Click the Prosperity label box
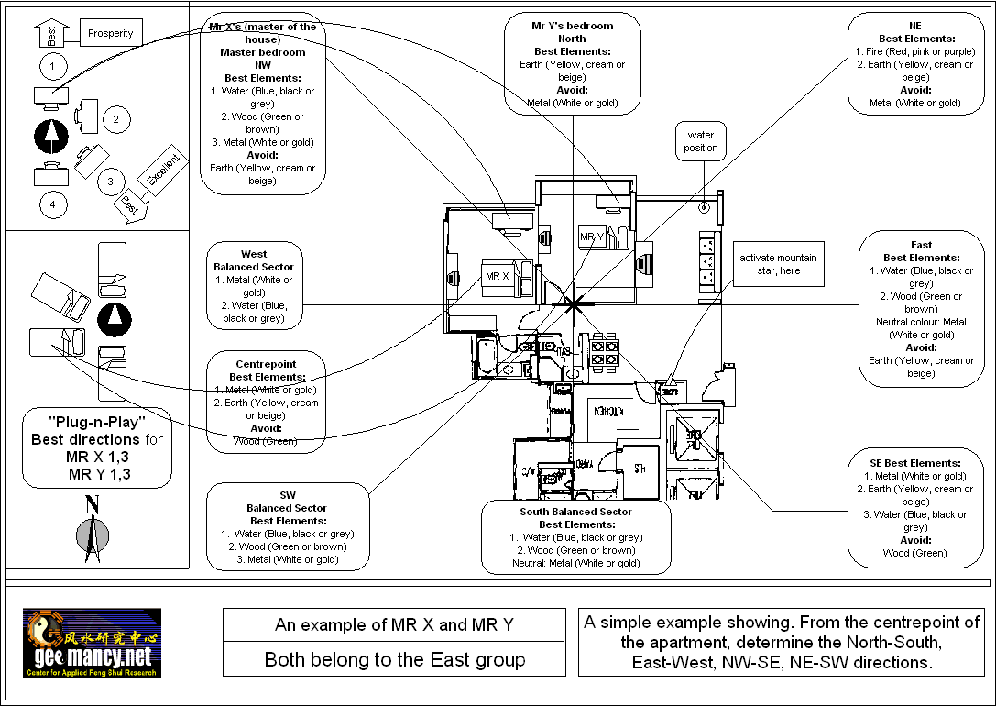(110, 33)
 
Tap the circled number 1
(53, 65)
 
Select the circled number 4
(52, 204)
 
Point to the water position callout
(701, 141)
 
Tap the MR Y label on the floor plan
(592, 237)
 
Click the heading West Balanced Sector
(254, 260)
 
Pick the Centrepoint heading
(266, 364)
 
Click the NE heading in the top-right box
(915, 26)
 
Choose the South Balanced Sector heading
(576, 512)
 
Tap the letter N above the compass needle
(92, 503)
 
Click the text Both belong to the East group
(395, 659)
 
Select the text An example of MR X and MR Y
(395, 625)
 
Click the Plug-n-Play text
(96, 423)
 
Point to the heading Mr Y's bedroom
(573, 26)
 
